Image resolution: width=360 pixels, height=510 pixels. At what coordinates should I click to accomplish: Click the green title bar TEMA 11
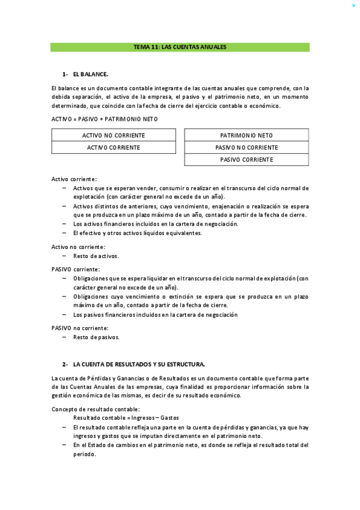180,47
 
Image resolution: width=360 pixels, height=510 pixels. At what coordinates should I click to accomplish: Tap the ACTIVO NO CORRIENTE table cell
114,135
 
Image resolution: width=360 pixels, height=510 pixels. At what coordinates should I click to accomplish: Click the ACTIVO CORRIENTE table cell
114,147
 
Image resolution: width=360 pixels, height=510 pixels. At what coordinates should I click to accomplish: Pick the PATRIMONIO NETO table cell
246,135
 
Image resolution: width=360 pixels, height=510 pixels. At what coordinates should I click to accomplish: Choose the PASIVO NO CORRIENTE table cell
246,147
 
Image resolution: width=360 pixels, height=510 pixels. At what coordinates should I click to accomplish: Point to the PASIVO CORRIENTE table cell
246,159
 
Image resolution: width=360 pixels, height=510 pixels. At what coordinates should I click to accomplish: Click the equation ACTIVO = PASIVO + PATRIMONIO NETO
105,119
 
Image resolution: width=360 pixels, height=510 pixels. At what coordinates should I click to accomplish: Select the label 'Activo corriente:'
74,179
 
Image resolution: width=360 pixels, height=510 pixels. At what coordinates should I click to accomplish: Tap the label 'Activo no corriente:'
78,247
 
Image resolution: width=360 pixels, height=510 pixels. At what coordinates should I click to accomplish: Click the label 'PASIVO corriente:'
76,269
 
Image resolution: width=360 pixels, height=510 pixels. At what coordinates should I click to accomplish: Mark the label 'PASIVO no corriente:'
80,328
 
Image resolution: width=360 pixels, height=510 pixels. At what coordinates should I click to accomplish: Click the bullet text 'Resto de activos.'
96,256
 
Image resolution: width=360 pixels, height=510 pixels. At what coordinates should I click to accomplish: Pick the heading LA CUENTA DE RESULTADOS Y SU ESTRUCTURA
139,364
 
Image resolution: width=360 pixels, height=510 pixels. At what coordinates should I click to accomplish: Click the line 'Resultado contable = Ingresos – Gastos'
126,418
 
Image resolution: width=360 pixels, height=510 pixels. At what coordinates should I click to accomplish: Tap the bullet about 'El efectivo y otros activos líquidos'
138,233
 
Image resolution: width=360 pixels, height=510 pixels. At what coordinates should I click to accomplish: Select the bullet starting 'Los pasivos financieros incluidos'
155,315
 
